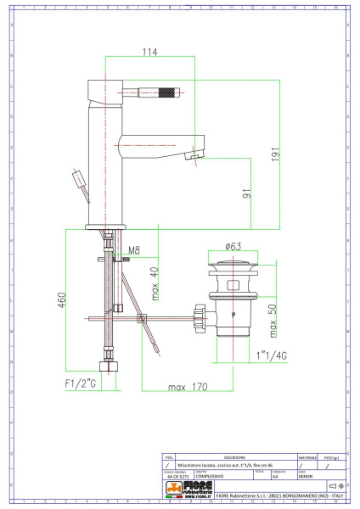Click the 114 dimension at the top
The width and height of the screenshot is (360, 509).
pyautogui.click(x=149, y=53)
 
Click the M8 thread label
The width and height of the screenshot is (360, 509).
pyautogui.click(x=134, y=250)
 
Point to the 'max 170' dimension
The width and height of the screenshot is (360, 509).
pyautogui.click(x=188, y=389)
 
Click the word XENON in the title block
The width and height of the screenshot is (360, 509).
pyautogui.click(x=304, y=478)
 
